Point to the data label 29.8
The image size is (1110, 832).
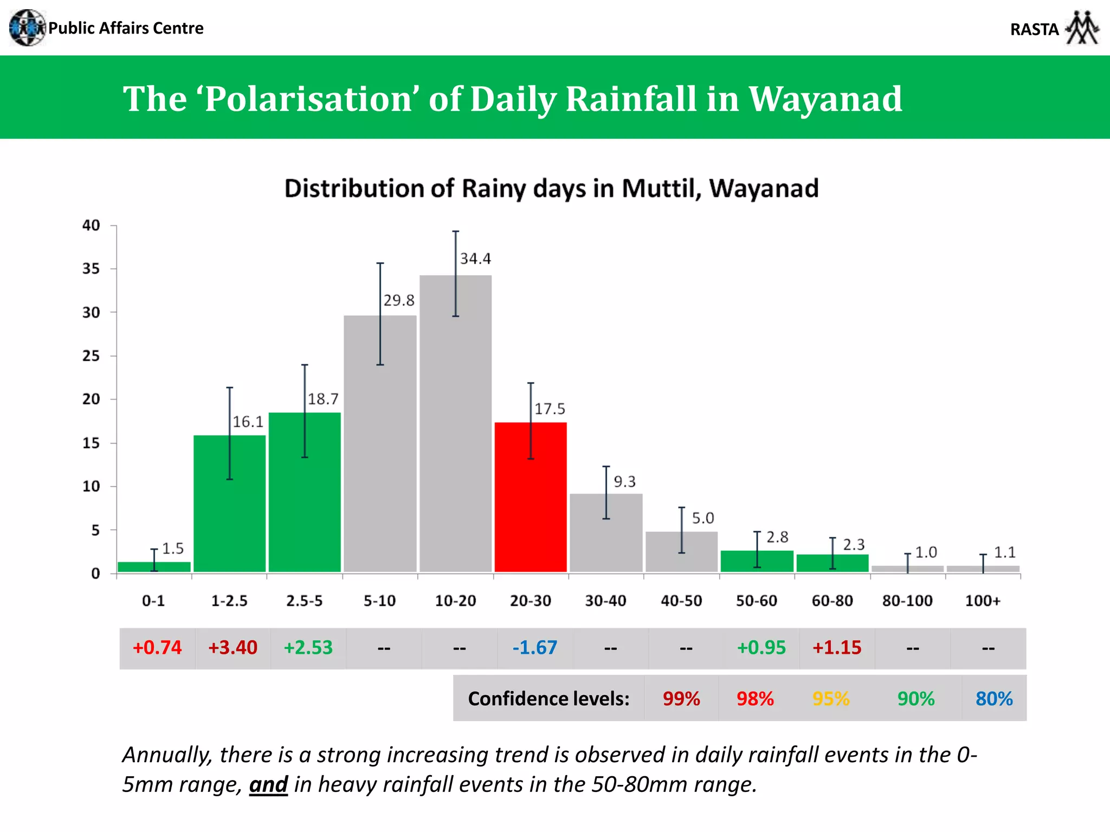click(x=399, y=300)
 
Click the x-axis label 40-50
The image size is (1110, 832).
click(x=681, y=601)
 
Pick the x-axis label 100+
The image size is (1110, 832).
click(x=983, y=601)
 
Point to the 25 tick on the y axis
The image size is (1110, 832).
click(x=91, y=356)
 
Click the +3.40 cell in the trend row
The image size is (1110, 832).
click(x=233, y=648)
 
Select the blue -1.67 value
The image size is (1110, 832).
click(x=534, y=648)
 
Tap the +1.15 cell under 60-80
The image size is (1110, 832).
click(x=837, y=648)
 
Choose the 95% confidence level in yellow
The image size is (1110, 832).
click(x=831, y=699)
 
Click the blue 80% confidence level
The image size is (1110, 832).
click(x=994, y=699)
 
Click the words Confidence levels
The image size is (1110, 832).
click(x=548, y=699)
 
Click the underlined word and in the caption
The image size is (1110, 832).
click(x=268, y=784)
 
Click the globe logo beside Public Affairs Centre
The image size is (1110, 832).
click(x=27, y=28)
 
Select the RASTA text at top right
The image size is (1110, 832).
click(x=1034, y=29)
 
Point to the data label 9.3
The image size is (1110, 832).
click(x=624, y=482)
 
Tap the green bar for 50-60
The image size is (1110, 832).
click(x=757, y=562)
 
